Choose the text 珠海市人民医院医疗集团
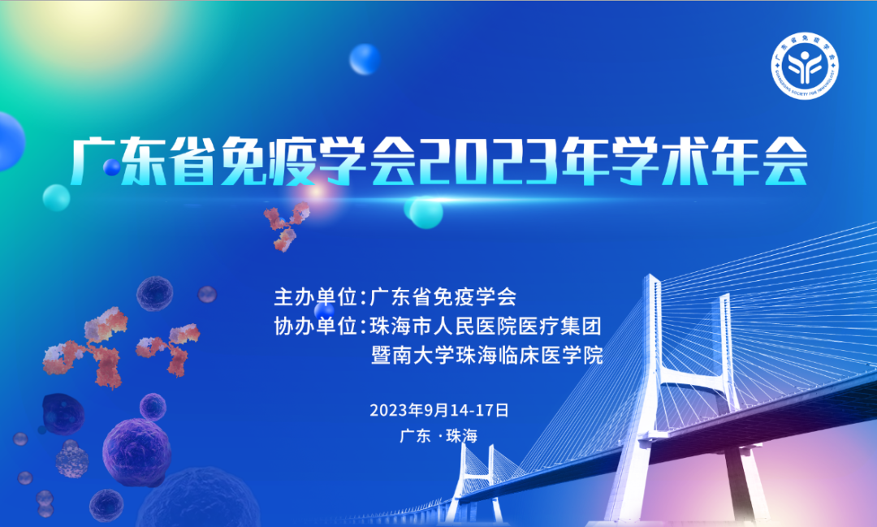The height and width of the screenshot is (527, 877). (486, 326)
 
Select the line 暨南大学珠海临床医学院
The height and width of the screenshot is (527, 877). (486, 356)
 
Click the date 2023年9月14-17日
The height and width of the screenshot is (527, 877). (438, 409)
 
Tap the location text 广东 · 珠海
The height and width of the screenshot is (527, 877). (438, 436)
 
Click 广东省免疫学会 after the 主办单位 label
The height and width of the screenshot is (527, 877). (443, 296)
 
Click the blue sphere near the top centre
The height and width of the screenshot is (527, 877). (365, 58)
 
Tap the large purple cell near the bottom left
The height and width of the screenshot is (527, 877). (136, 451)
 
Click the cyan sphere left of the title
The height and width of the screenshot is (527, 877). (56, 197)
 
